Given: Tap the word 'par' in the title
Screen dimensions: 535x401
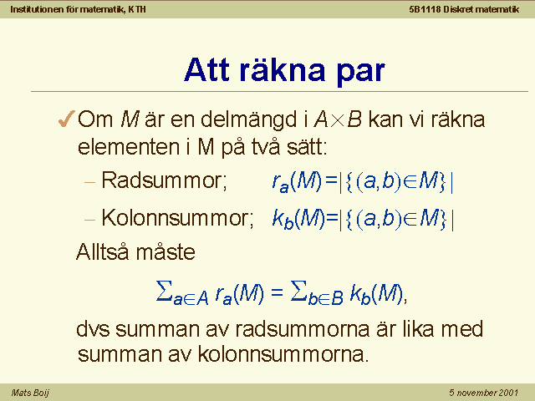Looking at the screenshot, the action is click(361, 74).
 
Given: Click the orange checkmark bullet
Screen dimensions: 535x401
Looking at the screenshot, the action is click(66, 119).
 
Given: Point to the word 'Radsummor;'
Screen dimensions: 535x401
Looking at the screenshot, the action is click(164, 180).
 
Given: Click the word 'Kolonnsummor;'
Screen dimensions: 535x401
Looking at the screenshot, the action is click(177, 218).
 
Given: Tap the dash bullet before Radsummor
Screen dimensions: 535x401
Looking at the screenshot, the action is click(89, 182).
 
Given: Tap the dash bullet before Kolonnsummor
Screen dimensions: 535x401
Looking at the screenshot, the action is click(89, 220).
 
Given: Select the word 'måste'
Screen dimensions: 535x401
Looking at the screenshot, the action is click(166, 252).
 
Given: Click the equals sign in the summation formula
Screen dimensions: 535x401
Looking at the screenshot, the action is click(277, 292).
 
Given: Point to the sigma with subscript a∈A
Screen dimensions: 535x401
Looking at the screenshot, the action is click(164, 292).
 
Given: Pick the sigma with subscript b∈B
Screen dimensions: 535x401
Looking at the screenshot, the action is click(299, 292).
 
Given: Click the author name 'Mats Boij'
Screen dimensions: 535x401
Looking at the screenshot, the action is click(30, 393).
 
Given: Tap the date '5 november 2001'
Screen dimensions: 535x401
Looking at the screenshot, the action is click(484, 393).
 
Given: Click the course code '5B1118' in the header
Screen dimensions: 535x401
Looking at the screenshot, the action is click(425, 9).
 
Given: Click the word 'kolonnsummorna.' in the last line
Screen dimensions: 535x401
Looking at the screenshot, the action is click(283, 354).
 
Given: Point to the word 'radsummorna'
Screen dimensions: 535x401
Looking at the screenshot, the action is click(303, 329).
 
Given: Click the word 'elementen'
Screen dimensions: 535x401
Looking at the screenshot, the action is click(129, 147).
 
